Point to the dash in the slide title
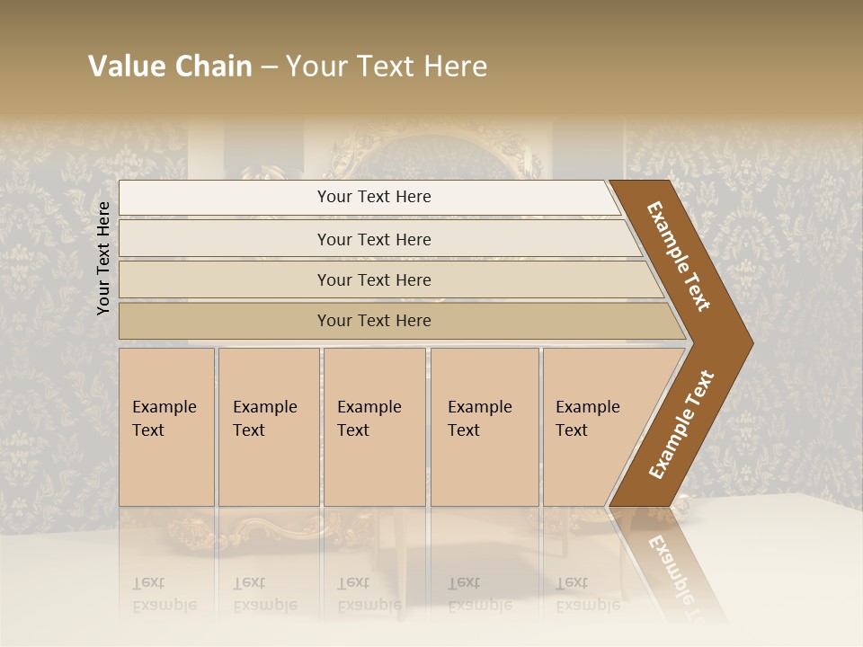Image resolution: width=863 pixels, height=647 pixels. (x=270, y=66)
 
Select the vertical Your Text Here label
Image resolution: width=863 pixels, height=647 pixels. (x=103, y=258)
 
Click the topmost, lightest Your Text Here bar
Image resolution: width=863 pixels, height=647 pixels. (x=374, y=197)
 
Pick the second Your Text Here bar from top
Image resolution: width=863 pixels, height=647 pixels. (x=374, y=239)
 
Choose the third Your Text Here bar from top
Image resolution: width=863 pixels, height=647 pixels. (x=374, y=279)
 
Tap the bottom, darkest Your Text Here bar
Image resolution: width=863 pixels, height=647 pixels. (x=374, y=321)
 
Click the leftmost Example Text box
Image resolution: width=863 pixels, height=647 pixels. (x=166, y=427)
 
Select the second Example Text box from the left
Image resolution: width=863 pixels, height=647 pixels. (x=268, y=427)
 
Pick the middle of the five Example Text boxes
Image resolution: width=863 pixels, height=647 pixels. (x=374, y=427)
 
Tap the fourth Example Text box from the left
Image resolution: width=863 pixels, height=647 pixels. (x=484, y=427)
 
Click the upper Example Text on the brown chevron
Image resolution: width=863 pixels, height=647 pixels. (x=680, y=256)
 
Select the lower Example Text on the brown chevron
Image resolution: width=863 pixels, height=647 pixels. (x=681, y=425)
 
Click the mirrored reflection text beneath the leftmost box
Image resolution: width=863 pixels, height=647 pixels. (x=164, y=594)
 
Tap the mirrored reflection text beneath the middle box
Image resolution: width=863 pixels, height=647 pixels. (x=369, y=594)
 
